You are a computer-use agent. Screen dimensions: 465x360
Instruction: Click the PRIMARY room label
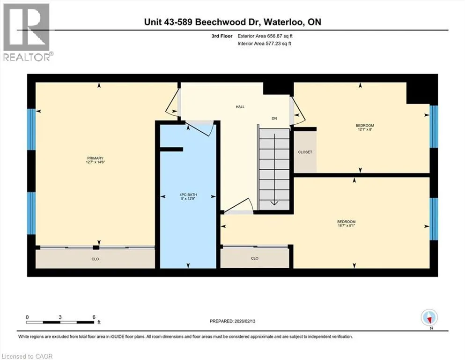pos(95,158)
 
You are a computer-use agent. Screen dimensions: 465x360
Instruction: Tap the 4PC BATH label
pos(188,195)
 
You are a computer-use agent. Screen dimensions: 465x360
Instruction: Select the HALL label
pos(240,107)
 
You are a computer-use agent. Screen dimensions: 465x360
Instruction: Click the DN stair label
pos(274,119)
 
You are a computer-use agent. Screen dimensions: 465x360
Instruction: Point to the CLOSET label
pos(305,152)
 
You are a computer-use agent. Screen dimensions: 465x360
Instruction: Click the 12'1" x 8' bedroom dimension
pos(365,129)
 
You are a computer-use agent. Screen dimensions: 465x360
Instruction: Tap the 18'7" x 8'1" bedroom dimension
pos(346,225)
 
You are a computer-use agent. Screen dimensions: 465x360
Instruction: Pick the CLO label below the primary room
pos(95,259)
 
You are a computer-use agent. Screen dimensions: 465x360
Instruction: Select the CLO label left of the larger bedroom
pos(255,258)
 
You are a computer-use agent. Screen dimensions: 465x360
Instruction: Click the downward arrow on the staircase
pos(274,170)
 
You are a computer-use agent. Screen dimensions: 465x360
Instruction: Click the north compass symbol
pos(429,318)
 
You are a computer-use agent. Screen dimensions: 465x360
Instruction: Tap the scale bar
pos(60,322)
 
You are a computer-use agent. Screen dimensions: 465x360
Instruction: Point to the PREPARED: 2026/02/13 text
pos(232,321)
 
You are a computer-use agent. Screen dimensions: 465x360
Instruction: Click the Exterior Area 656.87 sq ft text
pos(265,36)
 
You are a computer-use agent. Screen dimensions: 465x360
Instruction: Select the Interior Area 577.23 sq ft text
pos(265,44)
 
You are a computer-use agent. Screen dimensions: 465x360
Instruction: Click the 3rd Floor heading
pos(222,36)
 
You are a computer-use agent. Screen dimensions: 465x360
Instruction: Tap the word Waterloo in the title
pos(283,22)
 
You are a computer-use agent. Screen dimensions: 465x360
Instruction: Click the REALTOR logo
pos(27,32)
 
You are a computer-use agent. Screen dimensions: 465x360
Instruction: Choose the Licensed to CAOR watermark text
pos(27,356)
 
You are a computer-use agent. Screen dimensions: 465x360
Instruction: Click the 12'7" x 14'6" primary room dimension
pos(95,162)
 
